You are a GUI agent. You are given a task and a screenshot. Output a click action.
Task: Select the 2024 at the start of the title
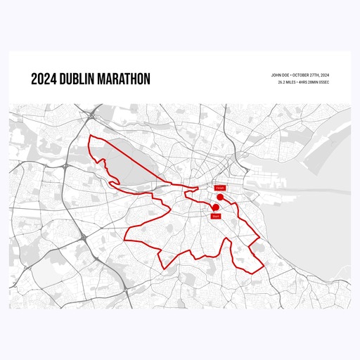point(43,79)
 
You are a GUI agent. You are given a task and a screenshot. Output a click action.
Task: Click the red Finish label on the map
point(219,188)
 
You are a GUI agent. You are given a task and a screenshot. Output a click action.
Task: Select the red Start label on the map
point(216,216)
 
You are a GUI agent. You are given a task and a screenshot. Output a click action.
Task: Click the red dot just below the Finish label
point(220,198)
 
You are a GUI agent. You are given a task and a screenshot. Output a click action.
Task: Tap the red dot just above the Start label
point(215,207)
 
